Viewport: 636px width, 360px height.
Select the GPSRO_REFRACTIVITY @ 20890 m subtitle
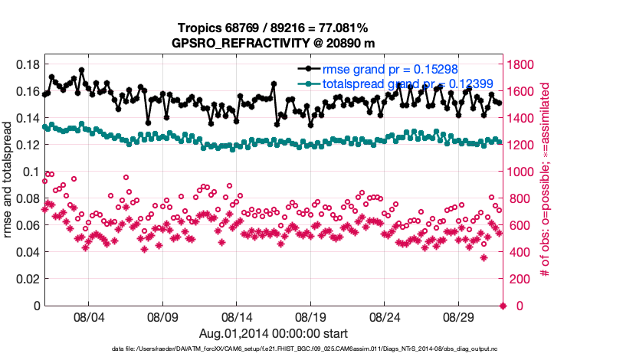coord(274,43)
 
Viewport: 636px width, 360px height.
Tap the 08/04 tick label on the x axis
coord(87,316)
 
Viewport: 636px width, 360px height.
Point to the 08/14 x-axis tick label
coord(237,316)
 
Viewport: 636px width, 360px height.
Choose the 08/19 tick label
coord(311,316)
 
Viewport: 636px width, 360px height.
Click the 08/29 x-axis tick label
coord(460,316)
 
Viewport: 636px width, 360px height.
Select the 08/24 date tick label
coord(385,316)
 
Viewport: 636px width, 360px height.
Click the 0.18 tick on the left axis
coord(28,64)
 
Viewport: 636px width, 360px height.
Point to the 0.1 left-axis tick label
coord(31,172)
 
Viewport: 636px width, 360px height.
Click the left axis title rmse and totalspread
coord(8,185)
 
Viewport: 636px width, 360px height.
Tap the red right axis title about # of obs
coord(546,185)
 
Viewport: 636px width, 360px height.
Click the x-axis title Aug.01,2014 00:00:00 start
coord(274,333)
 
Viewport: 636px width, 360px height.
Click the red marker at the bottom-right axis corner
coord(503,306)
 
